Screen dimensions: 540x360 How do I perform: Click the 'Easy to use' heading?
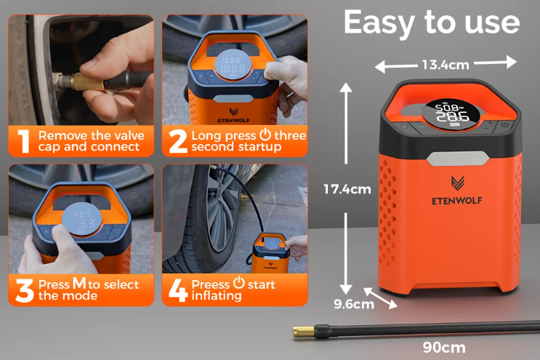(432, 23)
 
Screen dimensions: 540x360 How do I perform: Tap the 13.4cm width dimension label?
(446, 65)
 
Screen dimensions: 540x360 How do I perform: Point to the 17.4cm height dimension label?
(347, 189)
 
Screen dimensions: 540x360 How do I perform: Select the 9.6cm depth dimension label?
(354, 304)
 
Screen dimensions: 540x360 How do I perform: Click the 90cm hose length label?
(444, 348)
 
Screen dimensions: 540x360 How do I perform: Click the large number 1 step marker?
(23, 141)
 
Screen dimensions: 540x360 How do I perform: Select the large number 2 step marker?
(178, 141)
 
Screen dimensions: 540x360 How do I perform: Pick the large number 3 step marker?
(25, 290)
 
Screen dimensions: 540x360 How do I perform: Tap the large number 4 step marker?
(178, 290)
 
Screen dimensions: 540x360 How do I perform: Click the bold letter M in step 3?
(79, 283)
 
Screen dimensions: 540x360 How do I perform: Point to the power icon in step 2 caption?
(265, 134)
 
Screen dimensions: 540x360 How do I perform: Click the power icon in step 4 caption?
(238, 283)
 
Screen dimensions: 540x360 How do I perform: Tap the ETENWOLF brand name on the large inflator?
(456, 201)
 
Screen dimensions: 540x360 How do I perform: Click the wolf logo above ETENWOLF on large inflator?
(458, 183)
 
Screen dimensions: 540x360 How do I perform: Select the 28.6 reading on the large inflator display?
(453, 116)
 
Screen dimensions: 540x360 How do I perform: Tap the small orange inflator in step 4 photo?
(270, 253)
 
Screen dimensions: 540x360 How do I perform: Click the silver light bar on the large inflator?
(458, 159)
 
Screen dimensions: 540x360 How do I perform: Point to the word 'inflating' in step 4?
(217, 296)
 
